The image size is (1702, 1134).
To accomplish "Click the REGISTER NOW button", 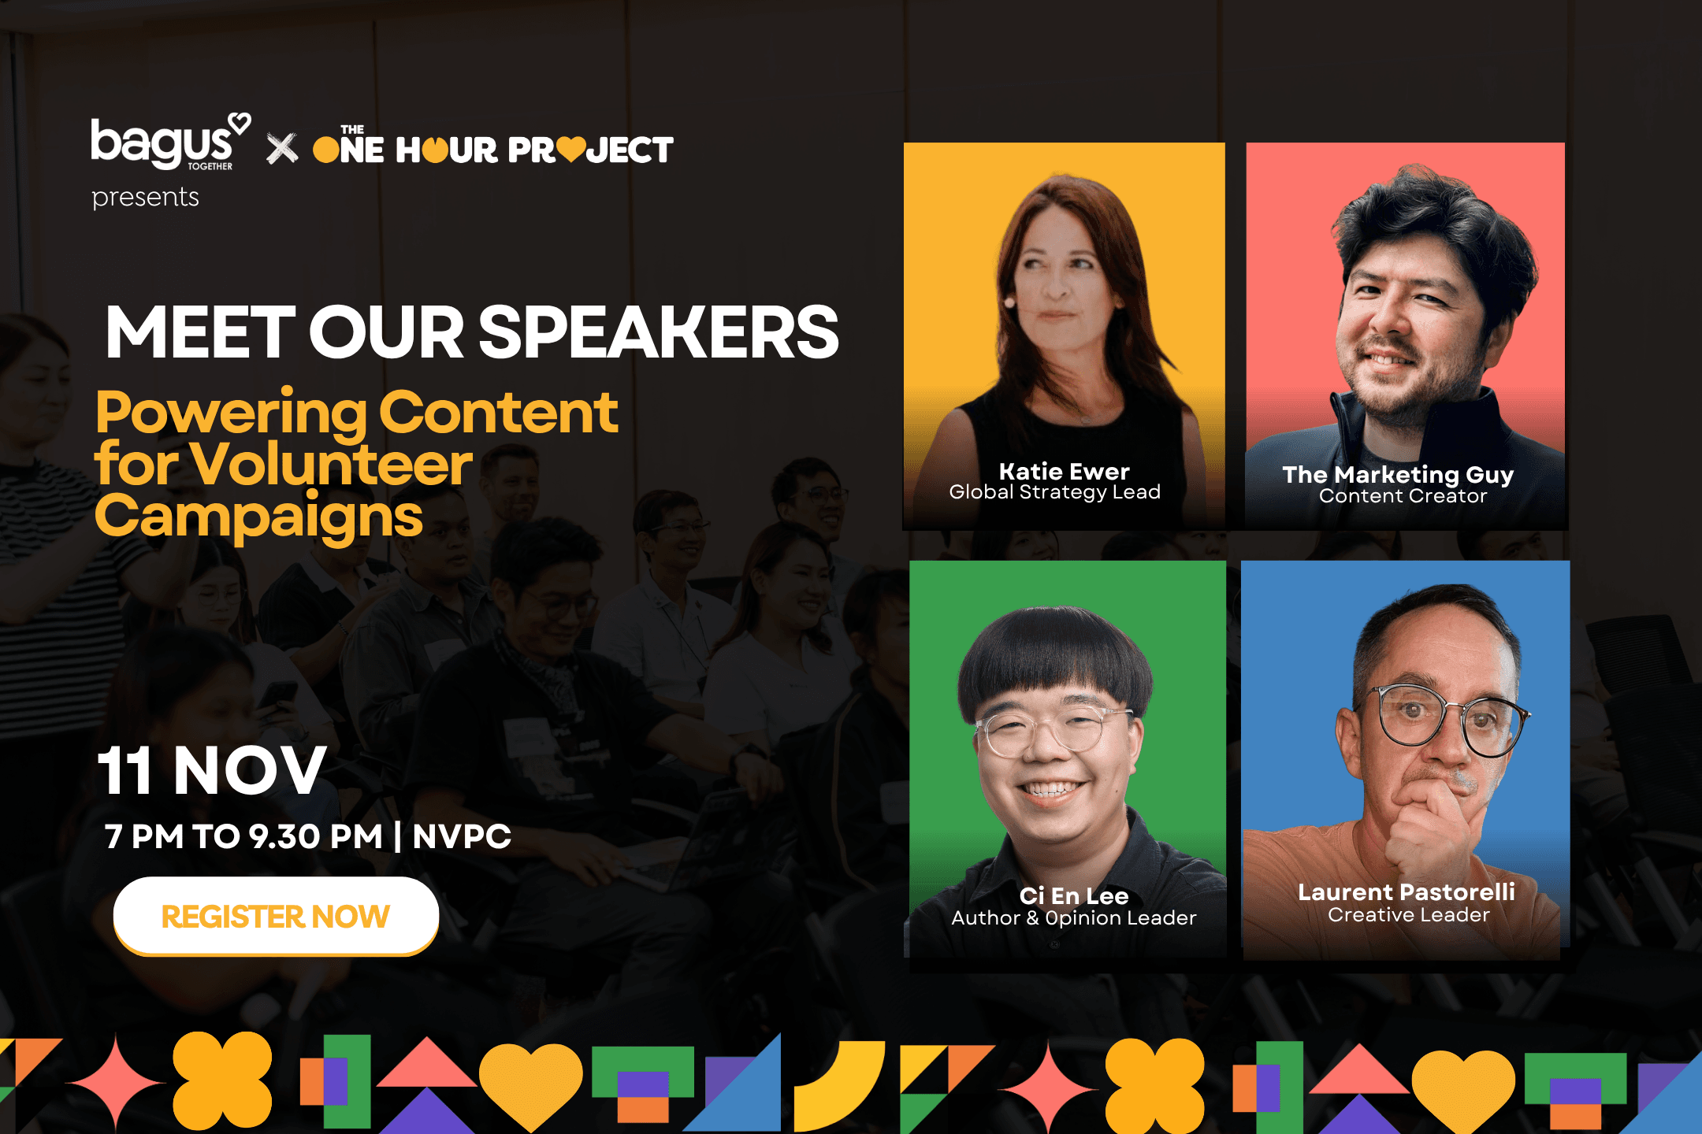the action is [x=276, y=916].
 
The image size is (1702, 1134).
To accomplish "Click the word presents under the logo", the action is [x=145, y=197].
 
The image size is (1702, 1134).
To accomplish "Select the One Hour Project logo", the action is [x=493, y=146].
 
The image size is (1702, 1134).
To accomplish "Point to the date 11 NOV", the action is [x=212, y=770].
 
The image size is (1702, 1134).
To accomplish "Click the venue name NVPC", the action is [x=462, y=836].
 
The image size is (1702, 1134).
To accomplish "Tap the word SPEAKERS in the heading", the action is [x=659, y=332].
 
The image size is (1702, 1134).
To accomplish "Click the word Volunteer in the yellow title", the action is [x=331, y=464].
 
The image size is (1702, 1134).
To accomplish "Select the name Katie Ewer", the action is [x=1065, y=471].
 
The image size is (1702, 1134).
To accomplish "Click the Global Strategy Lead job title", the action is [x=1055, y=492].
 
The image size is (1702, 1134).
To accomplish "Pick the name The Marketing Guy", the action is [x=1399, y=475].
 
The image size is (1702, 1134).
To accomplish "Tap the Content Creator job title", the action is [x=1403, y=496].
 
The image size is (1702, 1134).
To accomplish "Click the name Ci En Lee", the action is [x=1074, y=895].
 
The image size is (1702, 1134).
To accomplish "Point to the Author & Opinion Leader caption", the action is [x=1074, y=917].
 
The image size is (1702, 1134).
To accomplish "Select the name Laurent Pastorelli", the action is [x=1407, y=891].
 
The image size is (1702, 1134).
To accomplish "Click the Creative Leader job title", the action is [x=1409, y=914].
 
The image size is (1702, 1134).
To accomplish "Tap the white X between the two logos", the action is [x=282, y=148].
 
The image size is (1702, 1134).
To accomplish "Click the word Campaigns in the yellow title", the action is [x=258, y=516].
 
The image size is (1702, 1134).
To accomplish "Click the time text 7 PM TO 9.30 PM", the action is [x=244, y=836].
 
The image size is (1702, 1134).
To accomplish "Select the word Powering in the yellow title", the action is [x=232, y=413].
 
